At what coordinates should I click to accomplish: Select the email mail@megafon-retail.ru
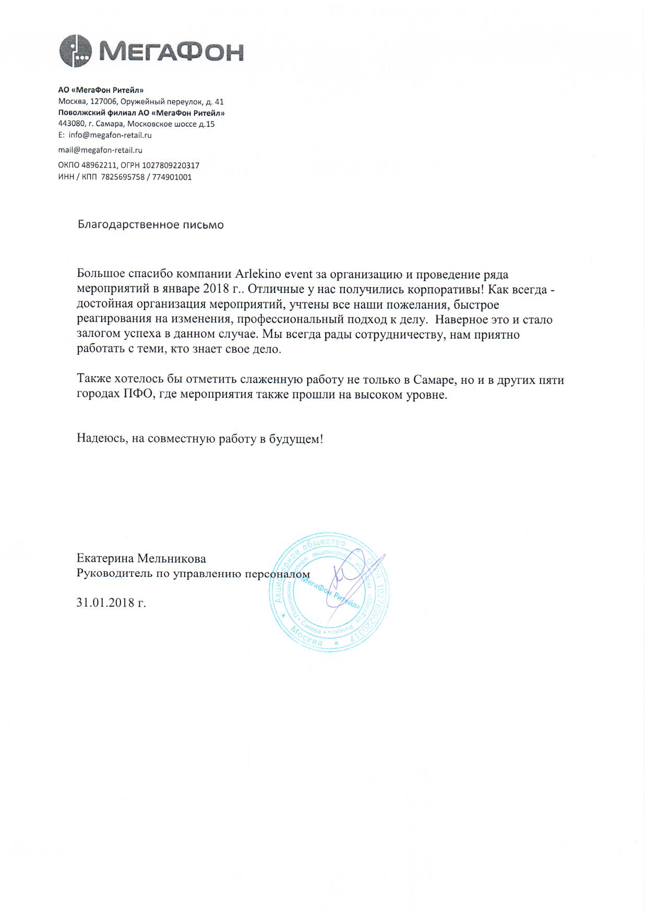100,150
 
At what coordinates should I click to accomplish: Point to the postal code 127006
103,102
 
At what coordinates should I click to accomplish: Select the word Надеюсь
100,439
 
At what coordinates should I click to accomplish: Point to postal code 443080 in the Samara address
71,124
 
